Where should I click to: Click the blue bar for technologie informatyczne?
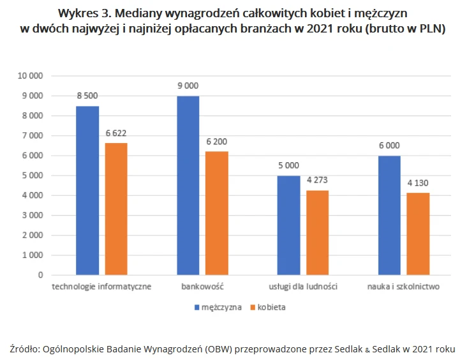coord(87,190)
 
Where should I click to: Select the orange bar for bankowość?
coord(217,213)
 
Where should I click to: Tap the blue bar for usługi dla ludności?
coord(288,225)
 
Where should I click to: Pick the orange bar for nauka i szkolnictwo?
coord(418,234)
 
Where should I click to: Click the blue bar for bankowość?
coord(188,185)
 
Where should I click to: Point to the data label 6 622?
coord(116,133)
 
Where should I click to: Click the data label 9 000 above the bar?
coord(188,86)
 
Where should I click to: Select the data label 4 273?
coord(317,180)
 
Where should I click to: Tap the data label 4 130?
coord(418,183)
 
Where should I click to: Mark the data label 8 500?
coord(87,96)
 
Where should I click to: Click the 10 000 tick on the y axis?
coord(30,76)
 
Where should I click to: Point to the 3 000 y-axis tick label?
coord(33,215)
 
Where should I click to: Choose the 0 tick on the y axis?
coord(40,275)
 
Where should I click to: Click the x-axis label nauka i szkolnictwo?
coord(403,287)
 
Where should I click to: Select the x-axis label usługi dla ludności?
coord(303,287)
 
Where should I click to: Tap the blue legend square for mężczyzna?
coord(197,307)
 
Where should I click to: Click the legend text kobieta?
coord(271,307)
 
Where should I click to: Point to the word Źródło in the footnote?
coord(24,349)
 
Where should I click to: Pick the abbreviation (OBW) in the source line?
coord(218,349)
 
